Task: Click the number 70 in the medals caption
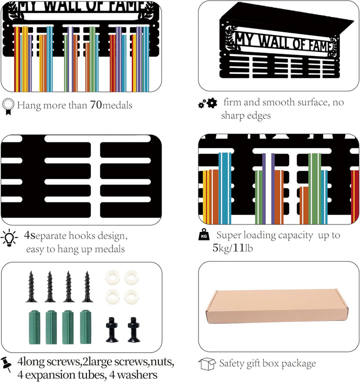(x=96, y=105)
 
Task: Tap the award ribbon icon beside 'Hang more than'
(x=8, y=106)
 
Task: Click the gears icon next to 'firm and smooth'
(x=208, y=103)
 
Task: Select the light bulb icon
(x=9, y=238)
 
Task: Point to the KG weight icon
(x=204, y=235)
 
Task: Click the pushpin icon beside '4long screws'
(x=6, y=364)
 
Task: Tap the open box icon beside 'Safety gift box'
(x=207, y=363)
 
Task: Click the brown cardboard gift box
(x=277, y=307)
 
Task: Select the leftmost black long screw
(x=31, y=286)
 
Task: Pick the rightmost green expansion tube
(x=85, y=326)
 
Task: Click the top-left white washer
(x=112, y=277)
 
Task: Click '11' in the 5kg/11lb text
(x=238, y=248)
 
